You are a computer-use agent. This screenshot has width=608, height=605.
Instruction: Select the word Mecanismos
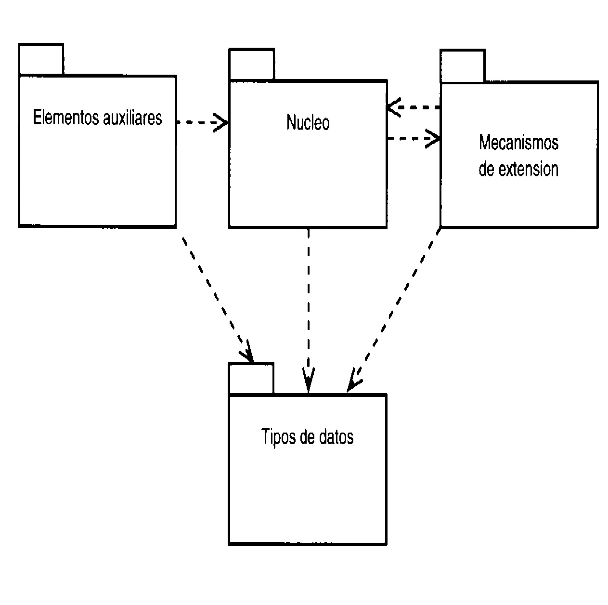pos(518,143)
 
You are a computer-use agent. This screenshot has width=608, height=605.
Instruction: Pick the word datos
pos(336,436)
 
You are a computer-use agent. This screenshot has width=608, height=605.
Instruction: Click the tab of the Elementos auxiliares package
pos(41,59)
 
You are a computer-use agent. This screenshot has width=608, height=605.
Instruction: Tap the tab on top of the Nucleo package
pos(251,64)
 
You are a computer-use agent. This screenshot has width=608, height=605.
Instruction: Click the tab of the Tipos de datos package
pos(251,379)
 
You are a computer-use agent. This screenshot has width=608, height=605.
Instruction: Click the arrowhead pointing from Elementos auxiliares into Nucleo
pos(222,122)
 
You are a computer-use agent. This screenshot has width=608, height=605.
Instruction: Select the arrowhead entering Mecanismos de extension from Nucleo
pos(434,139)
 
